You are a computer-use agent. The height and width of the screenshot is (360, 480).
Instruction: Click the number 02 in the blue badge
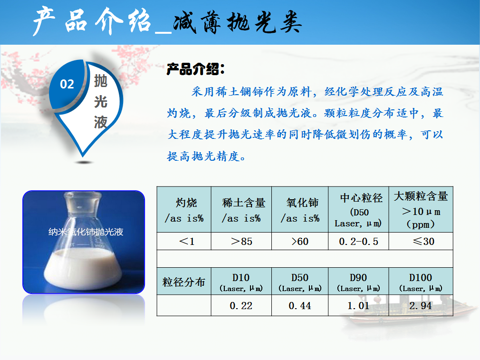67,84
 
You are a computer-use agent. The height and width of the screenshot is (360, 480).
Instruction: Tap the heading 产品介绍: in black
196,69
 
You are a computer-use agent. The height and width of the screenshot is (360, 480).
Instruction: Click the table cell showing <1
187,242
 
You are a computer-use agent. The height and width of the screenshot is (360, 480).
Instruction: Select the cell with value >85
241,242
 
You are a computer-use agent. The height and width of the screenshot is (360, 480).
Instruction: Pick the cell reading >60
300,242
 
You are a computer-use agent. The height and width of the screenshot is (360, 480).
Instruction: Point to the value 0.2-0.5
358,242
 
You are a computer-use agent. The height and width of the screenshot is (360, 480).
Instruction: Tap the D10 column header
241,282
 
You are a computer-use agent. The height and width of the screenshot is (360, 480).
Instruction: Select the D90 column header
358,282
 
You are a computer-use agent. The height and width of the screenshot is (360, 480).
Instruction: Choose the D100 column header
421,282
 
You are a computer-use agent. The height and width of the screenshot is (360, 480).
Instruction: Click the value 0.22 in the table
241,305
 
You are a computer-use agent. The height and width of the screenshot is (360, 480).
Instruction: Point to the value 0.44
300,305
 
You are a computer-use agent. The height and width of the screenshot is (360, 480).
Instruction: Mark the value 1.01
358,305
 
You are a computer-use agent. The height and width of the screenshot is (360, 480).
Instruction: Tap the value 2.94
421,305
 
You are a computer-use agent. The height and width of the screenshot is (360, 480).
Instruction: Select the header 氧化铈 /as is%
300,210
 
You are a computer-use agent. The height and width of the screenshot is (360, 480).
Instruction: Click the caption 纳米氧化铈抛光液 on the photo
86,232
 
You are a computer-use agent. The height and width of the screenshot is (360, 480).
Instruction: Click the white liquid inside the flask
83,269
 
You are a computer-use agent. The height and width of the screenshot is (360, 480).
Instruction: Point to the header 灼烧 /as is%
184,210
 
